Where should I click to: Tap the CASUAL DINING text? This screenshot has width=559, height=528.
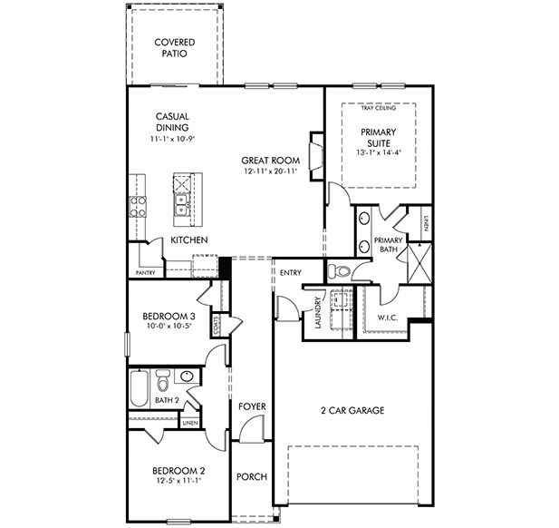point(172,122)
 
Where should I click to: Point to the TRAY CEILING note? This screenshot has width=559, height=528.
point(379,109)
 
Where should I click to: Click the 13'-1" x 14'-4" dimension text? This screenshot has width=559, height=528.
point(379,152)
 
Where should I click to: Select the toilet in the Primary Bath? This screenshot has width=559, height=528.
point(339,270)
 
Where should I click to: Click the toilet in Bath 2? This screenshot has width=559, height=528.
point(163,378)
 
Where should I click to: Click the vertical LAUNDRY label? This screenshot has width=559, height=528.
point(317,313)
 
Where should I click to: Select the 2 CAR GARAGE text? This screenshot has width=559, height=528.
point(353,411)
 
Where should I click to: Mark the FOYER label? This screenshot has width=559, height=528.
point(252,406)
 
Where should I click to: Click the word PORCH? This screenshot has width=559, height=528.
point(251,477)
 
